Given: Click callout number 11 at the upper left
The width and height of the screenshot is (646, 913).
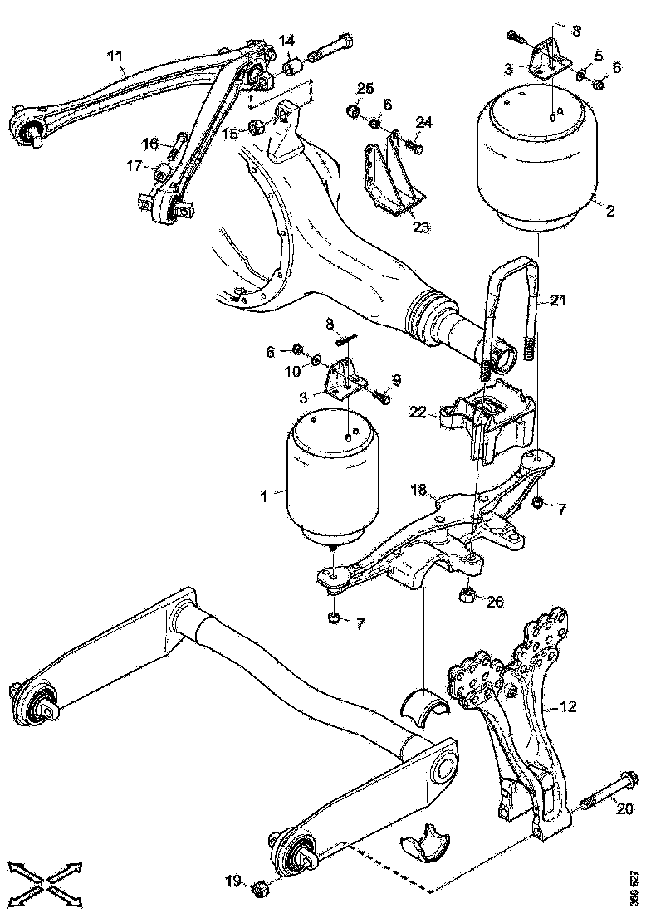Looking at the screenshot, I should click(115, 56).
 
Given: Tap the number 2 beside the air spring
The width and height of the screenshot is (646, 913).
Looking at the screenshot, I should click(609, 211).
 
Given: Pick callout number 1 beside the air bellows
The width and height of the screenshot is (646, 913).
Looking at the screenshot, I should click(263, 496).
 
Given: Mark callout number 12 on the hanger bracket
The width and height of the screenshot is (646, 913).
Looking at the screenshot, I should click(567, 707).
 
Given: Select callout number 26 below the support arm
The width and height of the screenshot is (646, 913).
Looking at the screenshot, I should click(494, 601).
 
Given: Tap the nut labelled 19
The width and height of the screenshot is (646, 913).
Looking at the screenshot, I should click(258, 886).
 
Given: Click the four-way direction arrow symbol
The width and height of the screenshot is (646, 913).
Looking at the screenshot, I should click(46, 878).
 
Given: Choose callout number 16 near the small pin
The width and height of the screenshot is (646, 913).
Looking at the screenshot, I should click(149, 142).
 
